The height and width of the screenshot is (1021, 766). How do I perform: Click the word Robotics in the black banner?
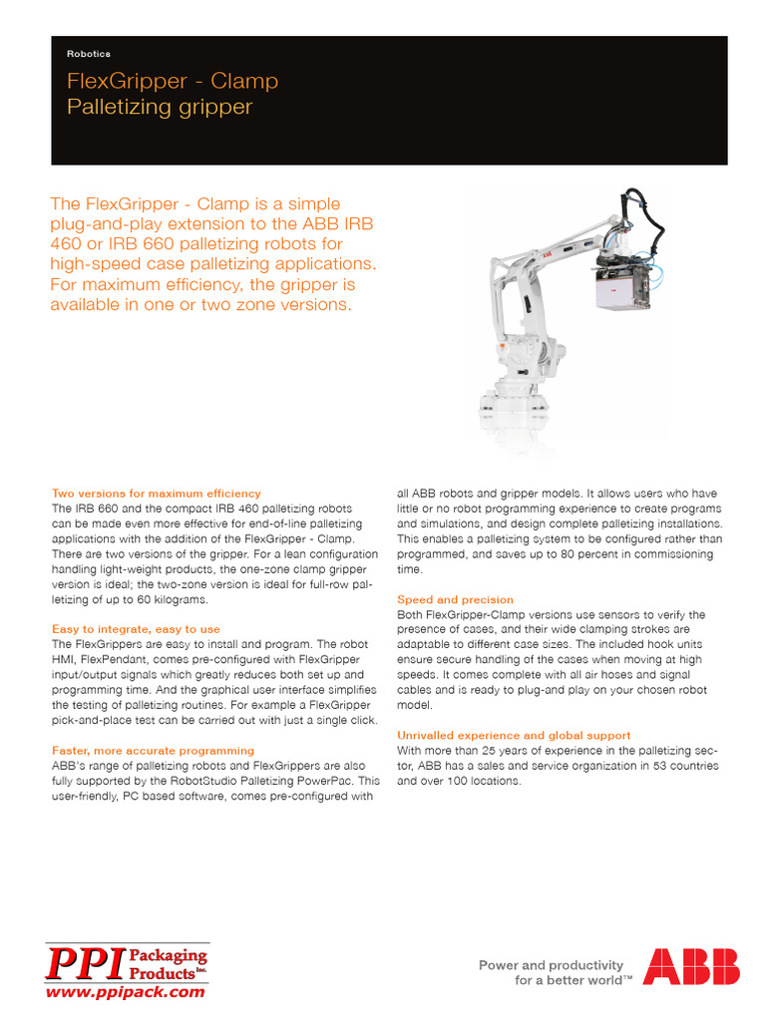[89, 53]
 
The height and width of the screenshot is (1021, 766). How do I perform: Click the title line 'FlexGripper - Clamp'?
[173, 81]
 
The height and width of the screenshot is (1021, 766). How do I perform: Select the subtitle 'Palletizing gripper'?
[159, 107]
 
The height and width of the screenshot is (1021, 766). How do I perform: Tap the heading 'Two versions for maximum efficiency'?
[156, 494]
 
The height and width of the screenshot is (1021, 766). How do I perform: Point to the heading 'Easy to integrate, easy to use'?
[136, 629]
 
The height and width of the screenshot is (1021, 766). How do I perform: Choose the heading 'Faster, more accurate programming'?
[153, 750]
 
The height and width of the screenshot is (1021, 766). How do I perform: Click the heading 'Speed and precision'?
[455, 599]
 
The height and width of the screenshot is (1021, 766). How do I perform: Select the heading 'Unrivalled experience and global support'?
[514, 735]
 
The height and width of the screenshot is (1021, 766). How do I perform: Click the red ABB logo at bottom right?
[691, 966]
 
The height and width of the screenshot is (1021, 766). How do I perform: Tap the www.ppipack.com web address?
[127, 992]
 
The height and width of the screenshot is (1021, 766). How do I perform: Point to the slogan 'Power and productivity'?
[551, 964]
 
